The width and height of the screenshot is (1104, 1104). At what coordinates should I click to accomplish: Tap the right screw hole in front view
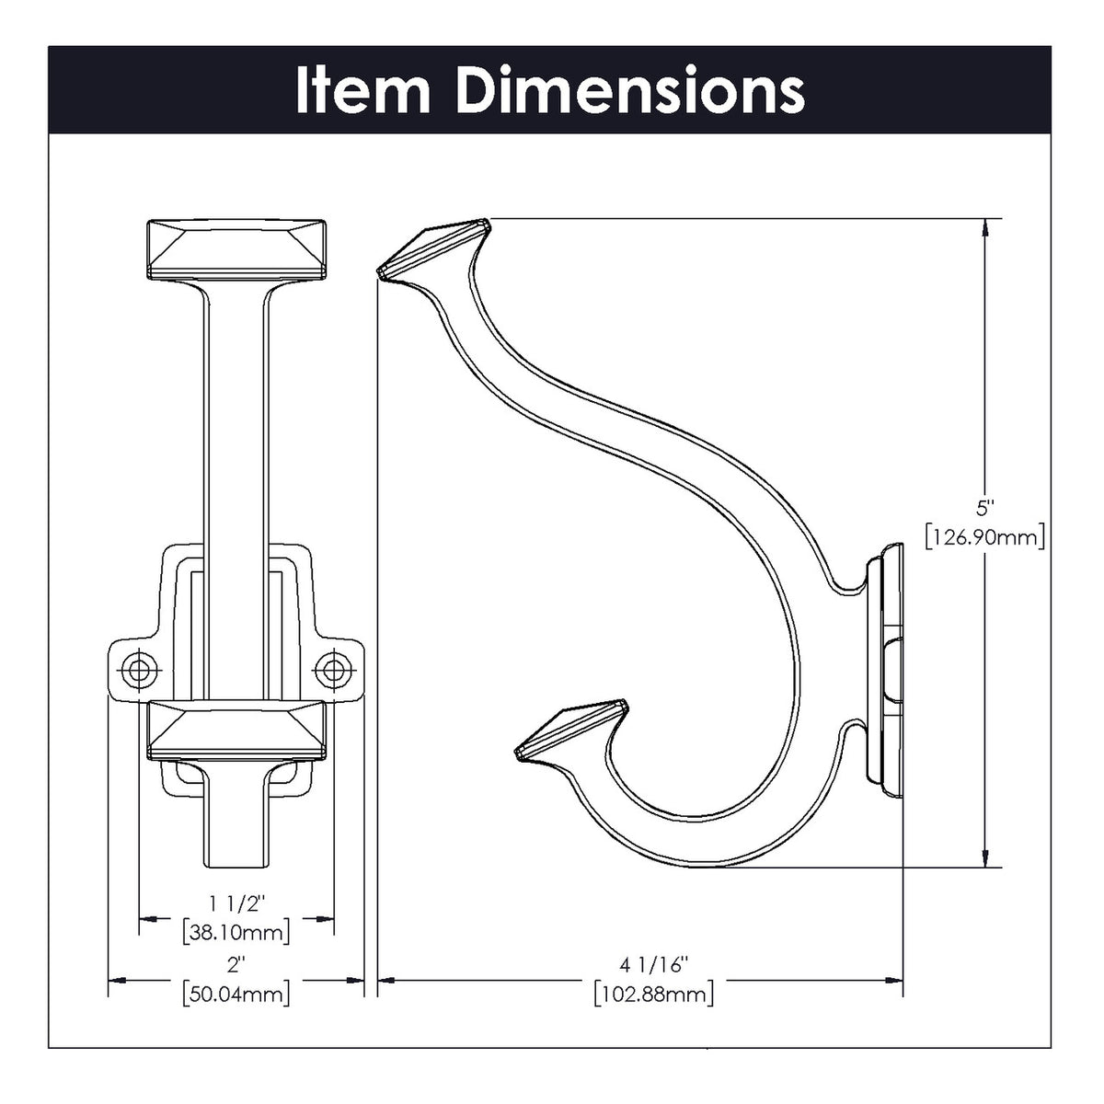tap(329, 670)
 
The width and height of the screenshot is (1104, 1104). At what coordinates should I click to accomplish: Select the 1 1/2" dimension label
tap(236, 905)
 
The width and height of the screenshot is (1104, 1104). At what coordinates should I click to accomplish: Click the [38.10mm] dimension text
tap(236, 931)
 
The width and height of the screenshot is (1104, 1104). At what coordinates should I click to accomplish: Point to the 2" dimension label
tap(236, 965)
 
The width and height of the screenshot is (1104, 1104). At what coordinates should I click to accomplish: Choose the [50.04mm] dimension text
tap(236, 993)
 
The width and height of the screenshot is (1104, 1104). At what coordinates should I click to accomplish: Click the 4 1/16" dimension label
tap(653, 965)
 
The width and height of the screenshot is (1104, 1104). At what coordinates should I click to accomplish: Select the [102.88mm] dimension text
tap(653, 993)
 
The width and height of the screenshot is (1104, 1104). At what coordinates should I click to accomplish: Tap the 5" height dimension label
tap(985, 507)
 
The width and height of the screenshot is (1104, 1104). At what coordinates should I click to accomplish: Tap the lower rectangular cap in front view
tap(236, 731)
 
